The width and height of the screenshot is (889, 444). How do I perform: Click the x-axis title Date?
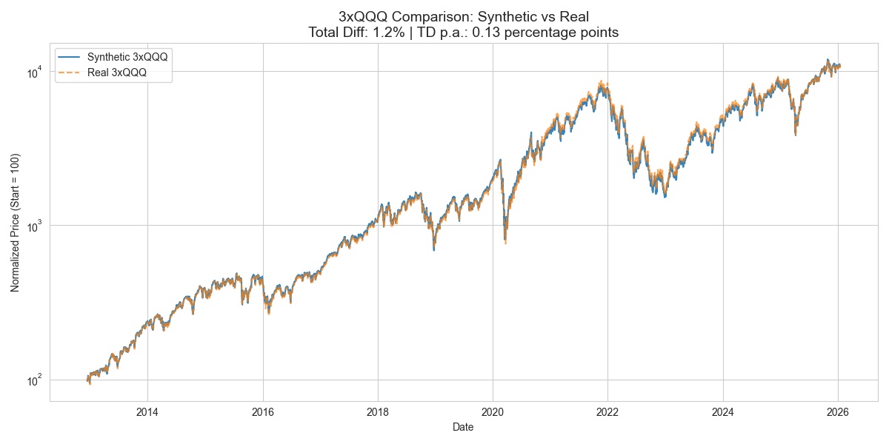click(x=464, y=427)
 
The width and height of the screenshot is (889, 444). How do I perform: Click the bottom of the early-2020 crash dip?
click(x=505, y=241)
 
